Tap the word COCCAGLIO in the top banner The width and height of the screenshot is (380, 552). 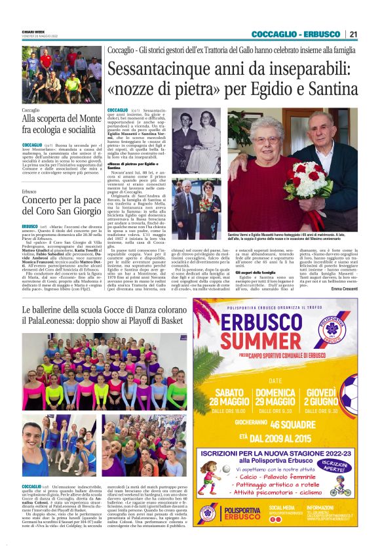click(274, 34)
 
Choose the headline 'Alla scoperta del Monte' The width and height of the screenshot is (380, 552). click(60, 119)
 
